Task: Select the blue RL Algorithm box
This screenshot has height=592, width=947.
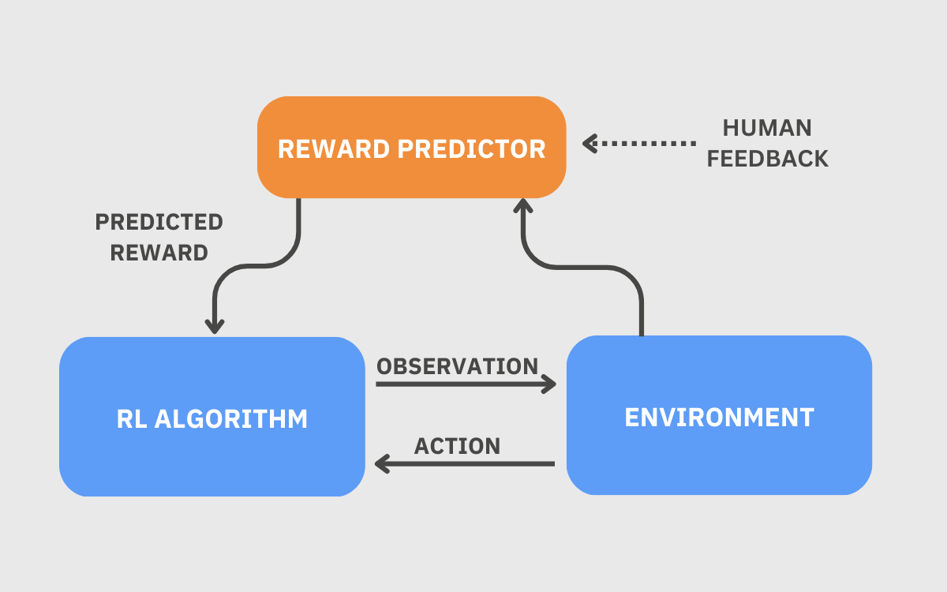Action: [x=211, y=458]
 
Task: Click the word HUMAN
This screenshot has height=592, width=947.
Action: [x=767, y=128]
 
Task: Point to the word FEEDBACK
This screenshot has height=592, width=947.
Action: [x=767, y=159]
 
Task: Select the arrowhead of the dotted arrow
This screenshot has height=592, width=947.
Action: [x=589, y=144]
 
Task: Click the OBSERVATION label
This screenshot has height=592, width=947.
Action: [x=457, y=366]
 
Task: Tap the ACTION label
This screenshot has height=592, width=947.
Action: [x=457, y=446]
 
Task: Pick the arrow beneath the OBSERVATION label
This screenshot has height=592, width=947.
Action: [x=466, y=384]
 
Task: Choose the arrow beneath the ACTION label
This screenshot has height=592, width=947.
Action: [x=466, y=463]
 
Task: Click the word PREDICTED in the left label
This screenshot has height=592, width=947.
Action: [x=159, y=223]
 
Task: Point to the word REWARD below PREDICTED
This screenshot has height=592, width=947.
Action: [x=159, y=253]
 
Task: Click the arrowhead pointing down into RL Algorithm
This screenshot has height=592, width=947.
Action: [x=215, y=325]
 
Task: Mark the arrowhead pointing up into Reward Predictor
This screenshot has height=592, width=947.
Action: [x=522, y=206]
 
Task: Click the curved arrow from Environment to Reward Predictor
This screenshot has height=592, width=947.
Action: [x=600, y=268]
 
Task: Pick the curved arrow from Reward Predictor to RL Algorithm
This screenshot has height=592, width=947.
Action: [x=260, y=266]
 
